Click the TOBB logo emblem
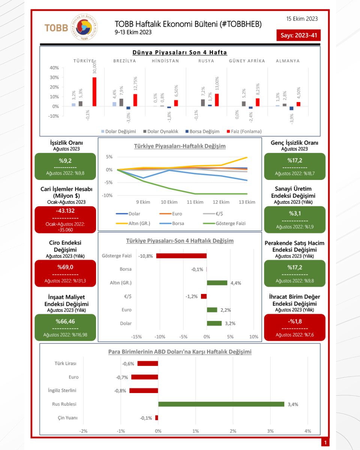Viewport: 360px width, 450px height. (x=84, y=27)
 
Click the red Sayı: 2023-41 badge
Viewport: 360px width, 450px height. (x=298, y=36)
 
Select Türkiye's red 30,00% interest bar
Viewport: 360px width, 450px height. (x=94, y=91)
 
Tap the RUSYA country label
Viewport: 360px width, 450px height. (x=206, y=61)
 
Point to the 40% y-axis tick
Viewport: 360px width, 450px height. (x=54, y=68)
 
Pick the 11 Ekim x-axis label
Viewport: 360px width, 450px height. (x=195, y=202)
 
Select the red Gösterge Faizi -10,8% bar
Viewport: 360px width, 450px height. (x=181, y=256)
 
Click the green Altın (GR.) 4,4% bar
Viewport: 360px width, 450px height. (x=217, y=283)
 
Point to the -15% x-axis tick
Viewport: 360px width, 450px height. (x=136, y=336)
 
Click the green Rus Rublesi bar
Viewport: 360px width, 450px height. (x=221, y=404)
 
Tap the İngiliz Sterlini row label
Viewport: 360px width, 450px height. (x=62, y=390)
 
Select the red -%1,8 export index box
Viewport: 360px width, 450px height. (x=294, y=327)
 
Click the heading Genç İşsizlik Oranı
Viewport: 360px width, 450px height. (x=294, y=143)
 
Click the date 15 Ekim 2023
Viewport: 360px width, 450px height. (x=302, y=18)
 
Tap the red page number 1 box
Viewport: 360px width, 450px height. (x=325, y=443)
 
